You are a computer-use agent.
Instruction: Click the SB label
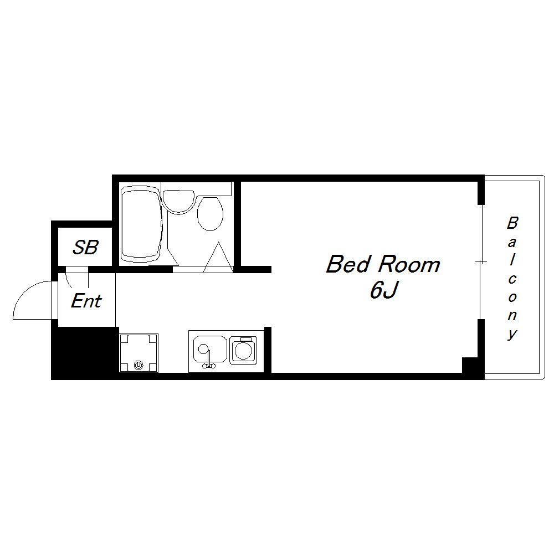tap(85, 247)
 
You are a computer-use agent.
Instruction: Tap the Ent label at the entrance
tap(86, 301)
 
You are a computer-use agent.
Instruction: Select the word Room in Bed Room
tap(409, 264)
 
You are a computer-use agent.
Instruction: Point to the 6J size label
tap(384, 290)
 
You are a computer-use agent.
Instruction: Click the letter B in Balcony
tap(512, 223)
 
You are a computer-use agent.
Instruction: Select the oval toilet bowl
tap(210, 214)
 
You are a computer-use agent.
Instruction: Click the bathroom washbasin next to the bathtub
tap(179, 202)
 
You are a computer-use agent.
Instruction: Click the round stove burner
tap(243, 351)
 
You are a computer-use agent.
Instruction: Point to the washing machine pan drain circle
tap(138, 365)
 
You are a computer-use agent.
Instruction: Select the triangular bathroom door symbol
tap(218, 257)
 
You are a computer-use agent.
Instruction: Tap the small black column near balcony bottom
tap(470, 365)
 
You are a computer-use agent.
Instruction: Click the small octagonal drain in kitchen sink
tap(203, 349)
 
